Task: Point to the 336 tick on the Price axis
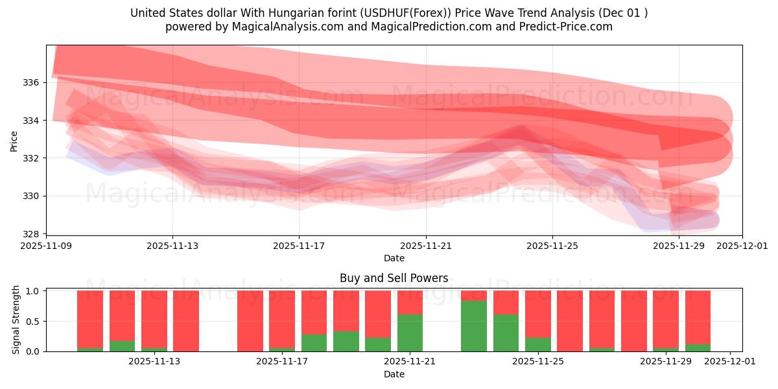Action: click(x=32, y=82)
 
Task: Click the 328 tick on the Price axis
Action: click(x=32, y=233)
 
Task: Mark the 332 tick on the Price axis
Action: click(x=32, y=158)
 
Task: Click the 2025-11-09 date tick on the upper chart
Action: click(x=46, y=246)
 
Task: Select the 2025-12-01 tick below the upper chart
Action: click(x=742, y=246)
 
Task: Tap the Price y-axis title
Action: click(x=14, y=140)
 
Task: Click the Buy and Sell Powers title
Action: click(x=394, y=278)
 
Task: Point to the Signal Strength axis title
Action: click(x=16, y=320)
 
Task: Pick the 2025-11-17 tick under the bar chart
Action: click(x=281, y=362)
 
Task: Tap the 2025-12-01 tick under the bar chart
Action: click(x=730, y=362)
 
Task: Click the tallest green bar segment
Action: click(x=473, y=326)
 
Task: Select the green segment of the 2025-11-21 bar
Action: click(x=410, y=333)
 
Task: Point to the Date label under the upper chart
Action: click(x=394, y=258)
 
